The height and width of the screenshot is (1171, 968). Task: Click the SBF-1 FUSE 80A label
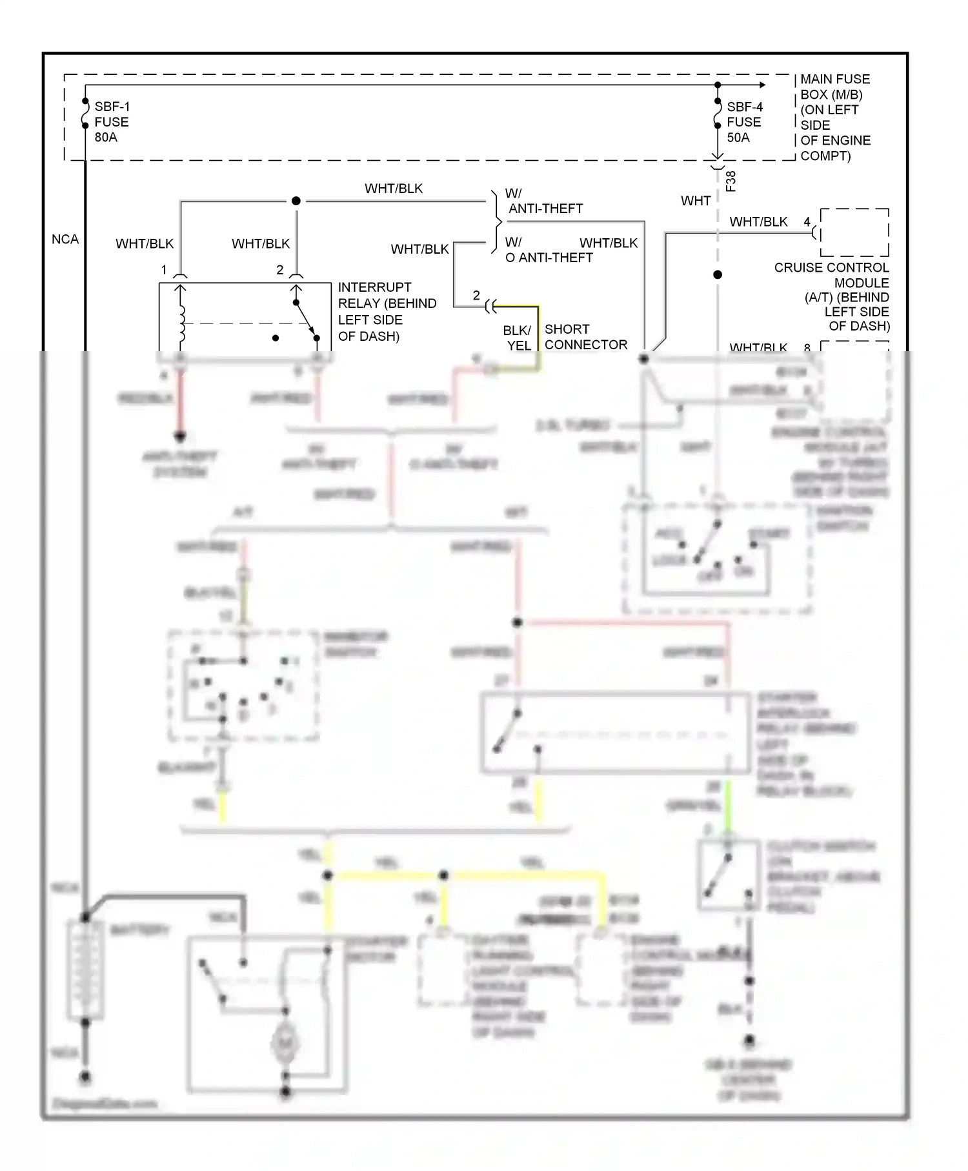[111, 122]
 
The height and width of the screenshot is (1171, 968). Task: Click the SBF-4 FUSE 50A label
[744, 122]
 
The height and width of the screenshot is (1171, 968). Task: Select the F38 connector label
[731, 181]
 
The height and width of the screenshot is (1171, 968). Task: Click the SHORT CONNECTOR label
[585, 336]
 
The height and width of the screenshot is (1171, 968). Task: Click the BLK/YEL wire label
[518, 338]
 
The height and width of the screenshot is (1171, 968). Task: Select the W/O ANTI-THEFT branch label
[548, 250]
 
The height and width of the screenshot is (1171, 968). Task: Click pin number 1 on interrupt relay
[164, 269]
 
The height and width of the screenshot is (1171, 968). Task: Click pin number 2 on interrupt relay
[279, 269]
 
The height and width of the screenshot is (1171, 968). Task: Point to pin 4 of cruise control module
[807, 221]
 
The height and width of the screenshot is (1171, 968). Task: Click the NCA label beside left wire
[65, 239]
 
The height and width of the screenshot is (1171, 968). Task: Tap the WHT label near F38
[695, 201]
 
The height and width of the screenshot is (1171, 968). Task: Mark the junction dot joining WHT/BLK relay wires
[296, 201]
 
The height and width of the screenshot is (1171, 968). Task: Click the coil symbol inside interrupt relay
[181, 321]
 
